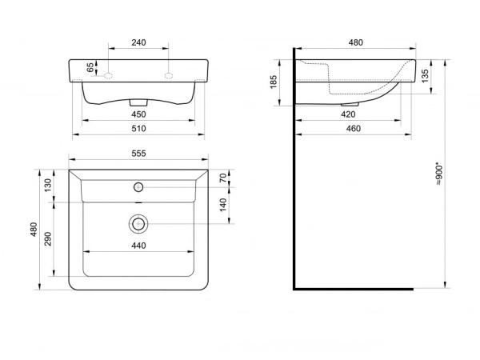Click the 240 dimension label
138,42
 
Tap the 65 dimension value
90,67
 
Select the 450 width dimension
138,114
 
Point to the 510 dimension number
138,129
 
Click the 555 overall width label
138,154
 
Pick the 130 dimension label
48,186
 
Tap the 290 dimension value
48,239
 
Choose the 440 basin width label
138,246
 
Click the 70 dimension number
223,178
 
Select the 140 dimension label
223,205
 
